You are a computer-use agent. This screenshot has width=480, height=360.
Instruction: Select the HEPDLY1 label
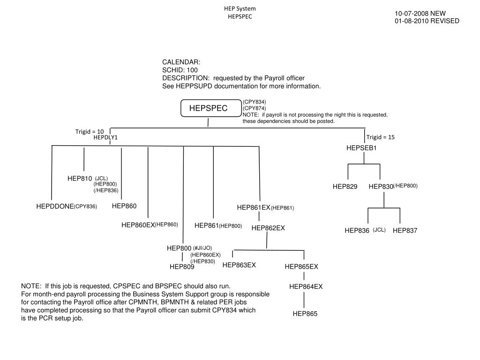pos(105,137)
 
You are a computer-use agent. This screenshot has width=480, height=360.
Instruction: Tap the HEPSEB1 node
pos(361,148)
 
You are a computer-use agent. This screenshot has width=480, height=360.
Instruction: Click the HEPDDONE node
pos(55,206)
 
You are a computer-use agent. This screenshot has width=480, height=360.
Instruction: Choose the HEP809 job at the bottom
pos(182,267)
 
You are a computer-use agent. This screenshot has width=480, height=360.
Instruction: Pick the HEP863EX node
pos(239,265)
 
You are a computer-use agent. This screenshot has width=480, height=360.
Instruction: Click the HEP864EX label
pos(306,286)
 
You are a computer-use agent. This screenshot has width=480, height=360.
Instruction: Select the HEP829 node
pos(345,187)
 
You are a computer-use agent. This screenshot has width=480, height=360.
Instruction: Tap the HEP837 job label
pos(405,231)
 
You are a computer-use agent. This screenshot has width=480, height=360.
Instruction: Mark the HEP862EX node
pos(268,228)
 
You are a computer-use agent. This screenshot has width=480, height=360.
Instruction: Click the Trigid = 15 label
pos(381,137)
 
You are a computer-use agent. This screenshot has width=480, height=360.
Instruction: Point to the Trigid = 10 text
pos(90,132)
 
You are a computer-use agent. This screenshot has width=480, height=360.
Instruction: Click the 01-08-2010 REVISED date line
pos(427,21)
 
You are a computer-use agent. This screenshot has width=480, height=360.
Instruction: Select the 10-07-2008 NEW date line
pos(420,14)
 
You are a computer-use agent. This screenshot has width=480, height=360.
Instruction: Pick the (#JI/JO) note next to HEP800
pos(202,248)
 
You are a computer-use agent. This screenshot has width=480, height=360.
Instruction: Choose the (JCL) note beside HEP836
pos(379,230)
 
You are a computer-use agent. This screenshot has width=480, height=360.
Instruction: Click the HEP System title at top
pos(240,9)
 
